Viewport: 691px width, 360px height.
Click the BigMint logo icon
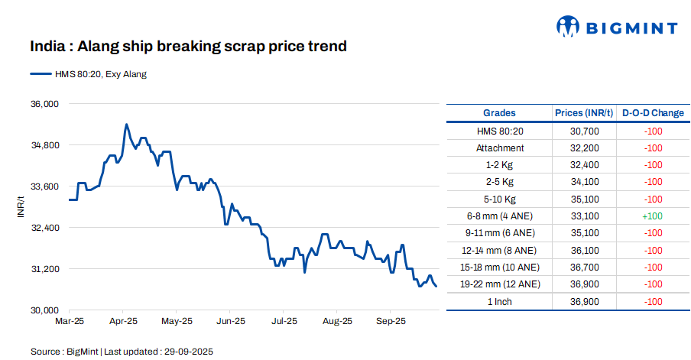tap(568, 27)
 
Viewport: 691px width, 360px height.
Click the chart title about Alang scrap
tap(188, 47)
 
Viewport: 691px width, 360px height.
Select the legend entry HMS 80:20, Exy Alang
tap(88, 74)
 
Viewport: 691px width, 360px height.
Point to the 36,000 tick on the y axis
tap(44, 104)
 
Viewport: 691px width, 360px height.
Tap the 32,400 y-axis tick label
tap(44, 228)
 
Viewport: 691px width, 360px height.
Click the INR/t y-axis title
tap(21, 206)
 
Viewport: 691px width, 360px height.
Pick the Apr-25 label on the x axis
tap(123, 321)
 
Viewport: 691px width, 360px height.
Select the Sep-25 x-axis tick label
tap(391, 321)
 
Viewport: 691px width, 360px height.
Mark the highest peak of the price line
tap(126, 124)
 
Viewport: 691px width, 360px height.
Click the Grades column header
tap(499, 113)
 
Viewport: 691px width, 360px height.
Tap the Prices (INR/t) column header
tap(584, 113)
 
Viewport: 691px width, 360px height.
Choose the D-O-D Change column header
tap(653, 113)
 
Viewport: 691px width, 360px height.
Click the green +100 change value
tap(653, 216)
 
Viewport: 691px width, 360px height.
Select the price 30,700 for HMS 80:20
tap(584, 131)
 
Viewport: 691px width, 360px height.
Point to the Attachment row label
tap(499, 148)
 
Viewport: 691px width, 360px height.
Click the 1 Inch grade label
tap(499, 301)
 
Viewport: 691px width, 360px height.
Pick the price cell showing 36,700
tap(584, 268)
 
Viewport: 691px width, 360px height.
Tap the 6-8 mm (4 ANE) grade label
tap(499, 216)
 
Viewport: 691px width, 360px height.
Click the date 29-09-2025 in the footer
tap(187, 352)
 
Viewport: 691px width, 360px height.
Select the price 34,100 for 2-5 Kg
tap(584, 182)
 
